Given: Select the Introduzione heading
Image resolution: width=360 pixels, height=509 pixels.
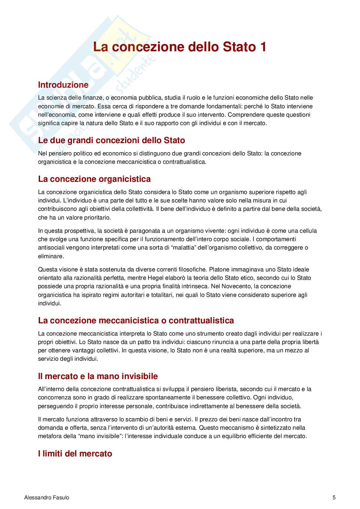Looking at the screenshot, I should [63, 85].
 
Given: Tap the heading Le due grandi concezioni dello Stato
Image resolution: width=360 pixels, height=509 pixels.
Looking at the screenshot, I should [112, 140].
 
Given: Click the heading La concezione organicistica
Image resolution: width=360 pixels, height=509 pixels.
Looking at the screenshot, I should [94, 179].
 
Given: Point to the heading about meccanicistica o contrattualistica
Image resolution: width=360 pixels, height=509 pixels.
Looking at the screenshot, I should [136, 320].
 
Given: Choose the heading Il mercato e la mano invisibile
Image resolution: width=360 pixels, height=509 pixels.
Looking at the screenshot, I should [98, 376].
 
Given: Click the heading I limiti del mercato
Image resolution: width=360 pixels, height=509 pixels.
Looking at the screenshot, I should [75, 454].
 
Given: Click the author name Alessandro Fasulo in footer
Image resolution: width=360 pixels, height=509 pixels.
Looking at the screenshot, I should [47, 497].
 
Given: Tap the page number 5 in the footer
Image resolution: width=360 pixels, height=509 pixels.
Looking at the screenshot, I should [334, 497].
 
